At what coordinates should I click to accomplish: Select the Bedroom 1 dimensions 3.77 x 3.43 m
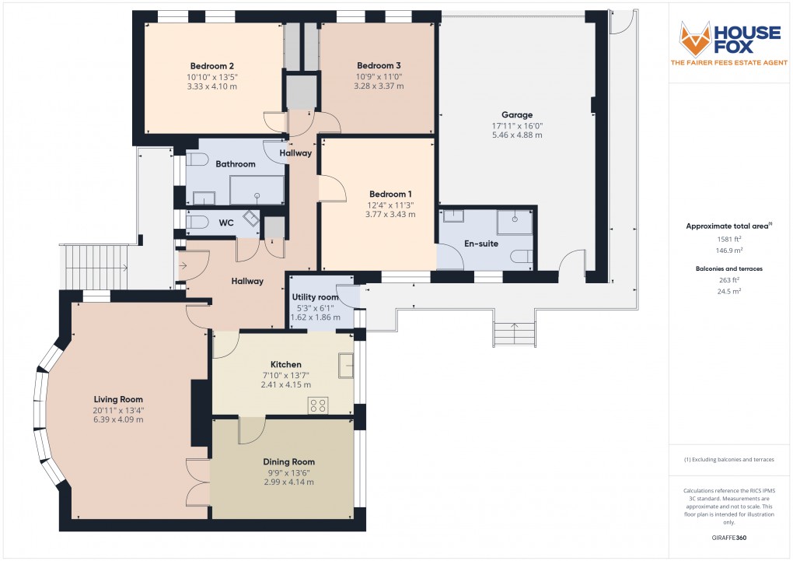(x=391, y=215)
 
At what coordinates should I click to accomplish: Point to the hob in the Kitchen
(x=318, y=405)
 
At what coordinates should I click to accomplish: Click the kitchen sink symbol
(x=345, y=365)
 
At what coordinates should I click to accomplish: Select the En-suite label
(x=480, y=244)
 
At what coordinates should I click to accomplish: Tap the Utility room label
(x=315, y=297)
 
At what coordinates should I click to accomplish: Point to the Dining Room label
(x=288, y=461)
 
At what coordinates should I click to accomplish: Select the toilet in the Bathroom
(x=197, y=161)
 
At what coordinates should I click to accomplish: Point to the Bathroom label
(x=236, y=164)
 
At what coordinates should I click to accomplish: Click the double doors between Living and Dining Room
(x=199, y=482)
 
